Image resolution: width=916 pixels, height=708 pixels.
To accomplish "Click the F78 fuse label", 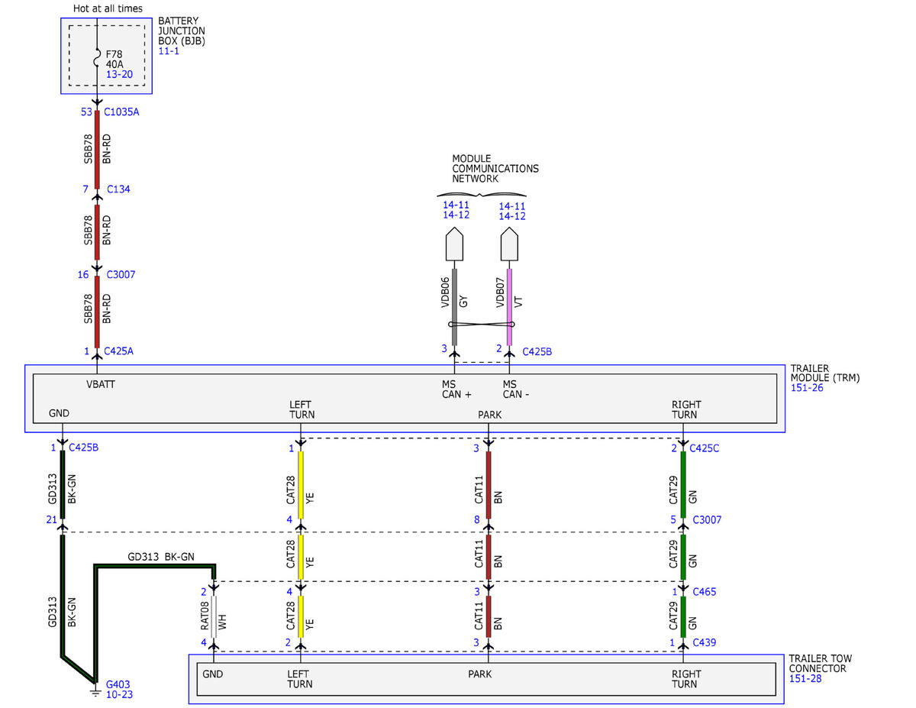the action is coord(114,54).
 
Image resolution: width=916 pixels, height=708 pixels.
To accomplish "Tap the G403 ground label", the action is coord(118,684).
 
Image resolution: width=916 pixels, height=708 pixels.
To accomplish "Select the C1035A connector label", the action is coord(121,112).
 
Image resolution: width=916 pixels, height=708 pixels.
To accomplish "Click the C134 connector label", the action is coord(118,189).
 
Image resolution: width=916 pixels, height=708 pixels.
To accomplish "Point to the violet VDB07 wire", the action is coord(509,307).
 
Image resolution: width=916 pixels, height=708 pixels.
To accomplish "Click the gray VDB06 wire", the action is coord(454,307).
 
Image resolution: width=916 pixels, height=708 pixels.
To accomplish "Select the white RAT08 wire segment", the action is coord(214,616).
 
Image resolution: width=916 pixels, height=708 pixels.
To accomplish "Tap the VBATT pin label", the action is coord(101,384).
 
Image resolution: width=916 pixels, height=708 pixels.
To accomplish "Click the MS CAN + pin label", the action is coord(456,390).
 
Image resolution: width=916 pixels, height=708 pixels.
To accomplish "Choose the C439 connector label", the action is coord(705,642).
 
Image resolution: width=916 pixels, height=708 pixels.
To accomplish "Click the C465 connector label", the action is coord(705,592).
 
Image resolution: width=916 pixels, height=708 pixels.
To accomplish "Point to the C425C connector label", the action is coord(704,448).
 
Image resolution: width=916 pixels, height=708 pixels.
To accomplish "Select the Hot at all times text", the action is coord(108,8).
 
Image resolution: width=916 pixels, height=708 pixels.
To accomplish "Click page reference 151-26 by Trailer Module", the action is coord(806,387).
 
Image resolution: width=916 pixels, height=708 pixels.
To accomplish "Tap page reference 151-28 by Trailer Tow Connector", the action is coord(805,678).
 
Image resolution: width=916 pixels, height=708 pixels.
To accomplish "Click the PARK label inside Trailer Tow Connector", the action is coord(479,674).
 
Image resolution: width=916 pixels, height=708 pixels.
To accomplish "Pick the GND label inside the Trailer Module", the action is coord(59,413).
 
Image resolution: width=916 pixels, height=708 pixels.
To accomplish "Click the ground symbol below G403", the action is coord(96,693).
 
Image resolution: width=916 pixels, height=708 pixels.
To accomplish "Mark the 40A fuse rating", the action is coord(114,64).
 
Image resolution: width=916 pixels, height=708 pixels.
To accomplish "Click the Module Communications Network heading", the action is coord(495,169).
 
